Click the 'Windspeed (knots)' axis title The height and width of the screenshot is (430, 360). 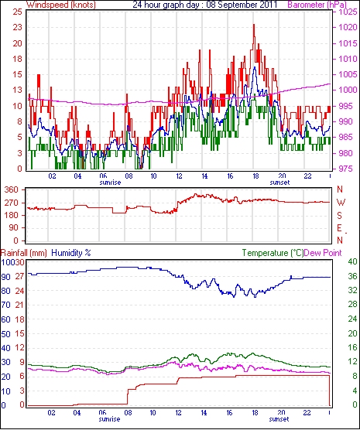tap(61, 5)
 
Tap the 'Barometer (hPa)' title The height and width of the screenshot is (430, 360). tap(317, 5)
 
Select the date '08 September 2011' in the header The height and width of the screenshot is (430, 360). tap(242, 5)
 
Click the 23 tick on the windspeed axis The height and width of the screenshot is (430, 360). tap(17, 27)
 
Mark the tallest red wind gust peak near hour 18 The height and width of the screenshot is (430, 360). tap(254, 26)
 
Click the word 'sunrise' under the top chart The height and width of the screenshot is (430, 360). tap(110, 183)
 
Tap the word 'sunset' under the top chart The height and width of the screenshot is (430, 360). tap(279, 183)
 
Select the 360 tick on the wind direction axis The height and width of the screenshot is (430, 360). tap(12, 189)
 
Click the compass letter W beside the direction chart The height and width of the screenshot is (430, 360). tap(341, 203)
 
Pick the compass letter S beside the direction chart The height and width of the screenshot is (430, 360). tap(339, 216)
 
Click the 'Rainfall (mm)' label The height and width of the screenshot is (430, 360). tap(24, 253)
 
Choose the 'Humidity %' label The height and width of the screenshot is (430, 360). tap(71, 253)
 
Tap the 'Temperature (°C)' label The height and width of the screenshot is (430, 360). tap(273, 253)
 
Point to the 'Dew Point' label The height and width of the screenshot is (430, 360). tap(323, 253)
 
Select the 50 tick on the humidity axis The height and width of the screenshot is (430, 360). tap(5, 334)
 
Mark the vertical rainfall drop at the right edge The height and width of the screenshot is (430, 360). tap(329, 391)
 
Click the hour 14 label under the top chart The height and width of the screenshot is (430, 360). tap(204, 176)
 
